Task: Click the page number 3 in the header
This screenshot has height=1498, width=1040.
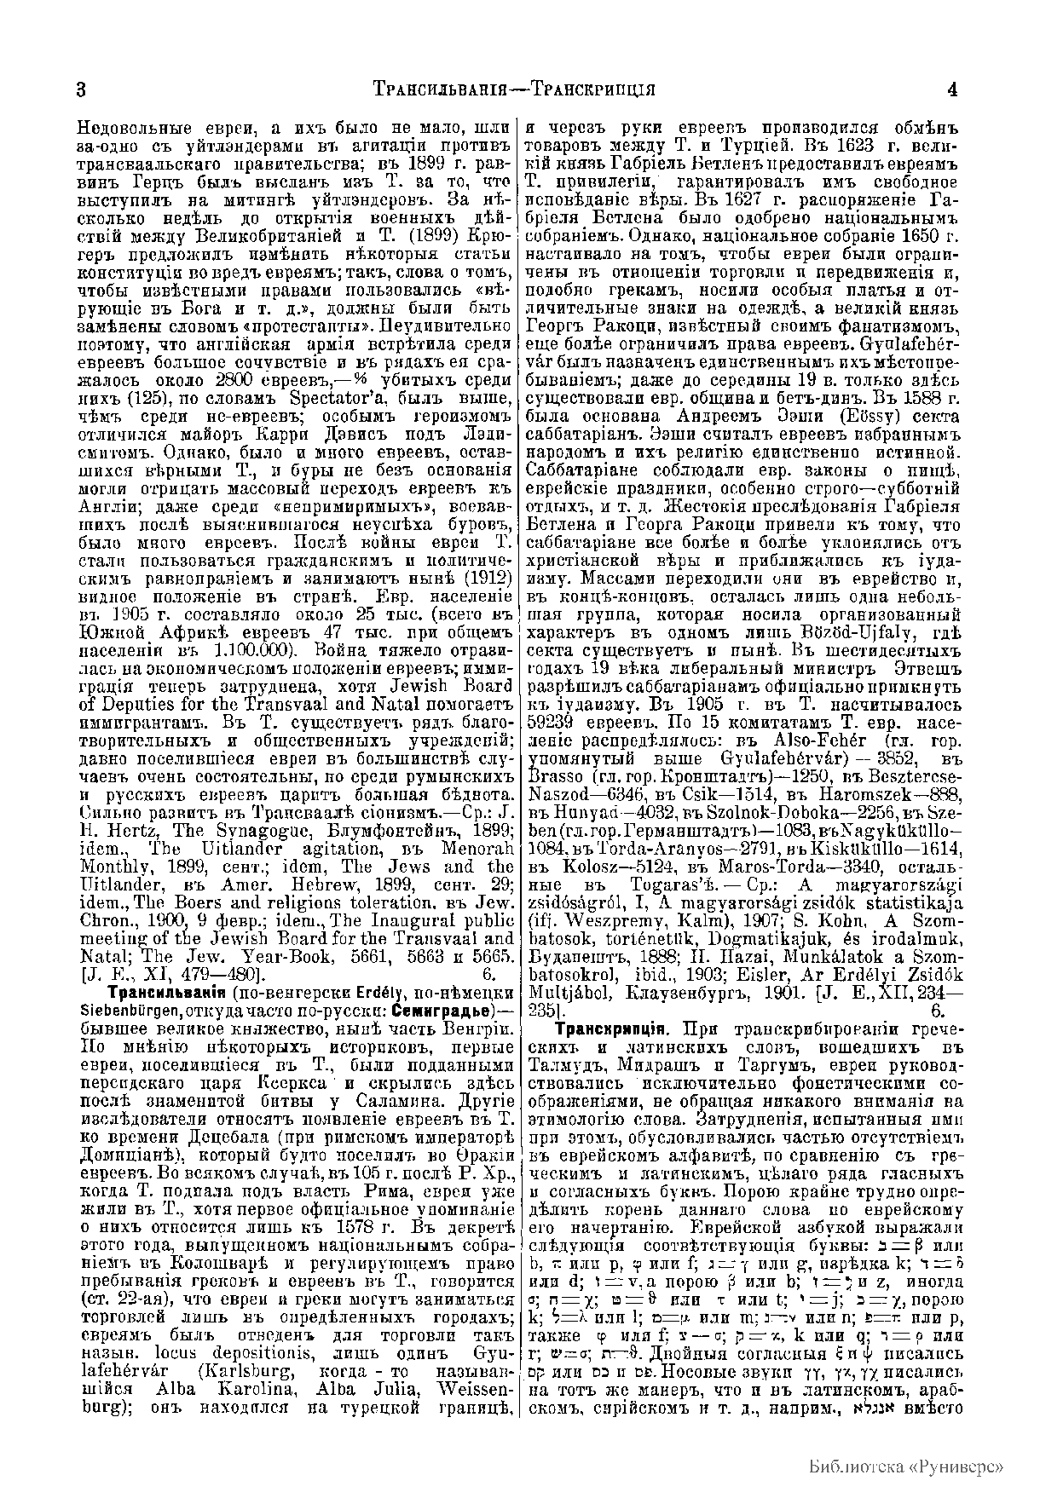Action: [82, 89]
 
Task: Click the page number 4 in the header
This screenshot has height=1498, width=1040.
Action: [952, 89]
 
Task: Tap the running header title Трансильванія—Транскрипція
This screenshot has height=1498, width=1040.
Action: [514, 89]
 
